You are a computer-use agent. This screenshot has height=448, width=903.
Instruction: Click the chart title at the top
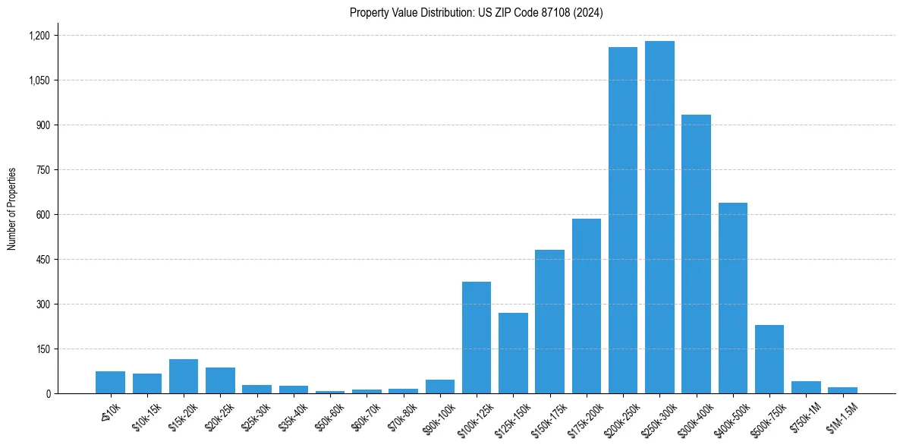476,13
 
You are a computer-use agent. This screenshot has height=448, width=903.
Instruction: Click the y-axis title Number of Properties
12,209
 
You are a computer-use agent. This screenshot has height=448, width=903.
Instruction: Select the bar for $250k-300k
659,217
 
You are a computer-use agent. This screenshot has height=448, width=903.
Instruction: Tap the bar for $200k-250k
623,220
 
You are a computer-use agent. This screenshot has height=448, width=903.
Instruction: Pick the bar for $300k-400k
696,254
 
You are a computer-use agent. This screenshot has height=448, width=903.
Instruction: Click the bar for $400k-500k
733,298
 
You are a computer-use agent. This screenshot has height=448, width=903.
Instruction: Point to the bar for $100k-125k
477,338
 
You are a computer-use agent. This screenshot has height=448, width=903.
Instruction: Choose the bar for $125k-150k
513,353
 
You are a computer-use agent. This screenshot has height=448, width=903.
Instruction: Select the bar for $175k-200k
587,306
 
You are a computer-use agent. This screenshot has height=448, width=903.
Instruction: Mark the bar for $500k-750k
769,359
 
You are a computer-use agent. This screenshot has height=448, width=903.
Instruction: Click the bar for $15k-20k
184,377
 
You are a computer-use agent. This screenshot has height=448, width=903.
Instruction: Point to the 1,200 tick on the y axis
39,36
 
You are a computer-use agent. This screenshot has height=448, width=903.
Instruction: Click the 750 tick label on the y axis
42,170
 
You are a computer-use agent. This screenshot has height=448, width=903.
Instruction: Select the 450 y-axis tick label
42,260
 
